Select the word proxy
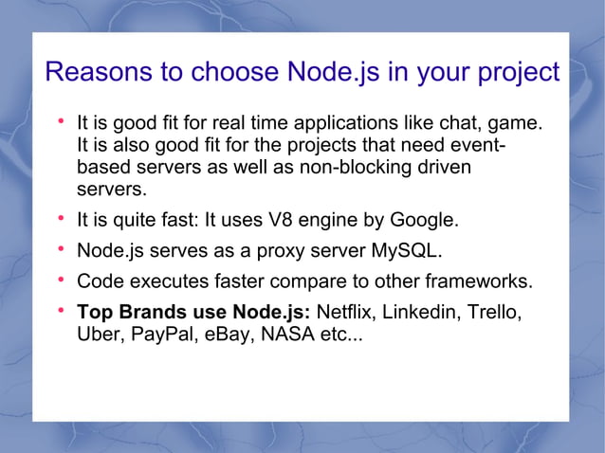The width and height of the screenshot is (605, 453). pyautogui.click(x=284, y=252)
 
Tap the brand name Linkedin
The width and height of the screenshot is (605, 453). pyautogui.click(x=421, y=312)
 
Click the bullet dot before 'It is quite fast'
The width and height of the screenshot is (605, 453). pyautogui.click(x=60, y=220)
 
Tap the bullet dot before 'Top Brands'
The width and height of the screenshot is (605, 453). pyautogui.click(x=60, y=310)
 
